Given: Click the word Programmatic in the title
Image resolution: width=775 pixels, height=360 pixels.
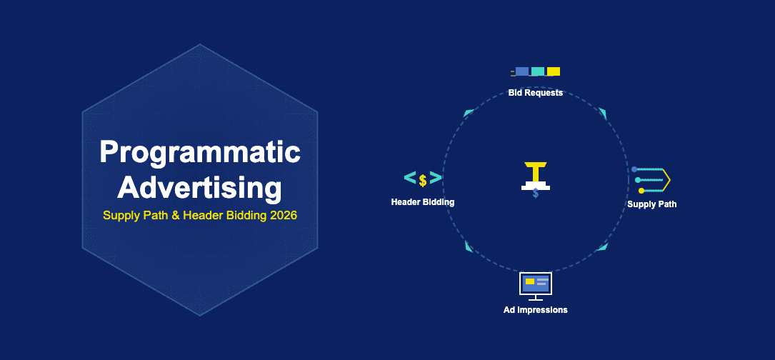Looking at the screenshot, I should click(199, 152).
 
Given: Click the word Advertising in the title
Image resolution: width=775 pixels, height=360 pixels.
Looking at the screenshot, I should click(199, 188).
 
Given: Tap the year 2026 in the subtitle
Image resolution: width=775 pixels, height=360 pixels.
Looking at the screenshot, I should click(281, 215).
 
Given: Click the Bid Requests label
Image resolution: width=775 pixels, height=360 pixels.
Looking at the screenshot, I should click(535, 93).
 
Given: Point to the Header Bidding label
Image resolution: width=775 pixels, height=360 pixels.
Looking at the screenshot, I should click(422, 202).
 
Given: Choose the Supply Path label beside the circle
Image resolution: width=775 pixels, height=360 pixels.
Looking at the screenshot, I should click(651, 204).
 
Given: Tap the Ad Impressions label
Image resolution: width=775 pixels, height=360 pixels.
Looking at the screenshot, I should click(535, 310).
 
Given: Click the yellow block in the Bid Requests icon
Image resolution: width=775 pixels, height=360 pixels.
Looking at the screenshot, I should click(554, 71).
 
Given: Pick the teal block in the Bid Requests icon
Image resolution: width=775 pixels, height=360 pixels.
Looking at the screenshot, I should click(538, 71).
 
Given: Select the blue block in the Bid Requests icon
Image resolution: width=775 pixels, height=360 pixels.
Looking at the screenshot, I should click(522, 71).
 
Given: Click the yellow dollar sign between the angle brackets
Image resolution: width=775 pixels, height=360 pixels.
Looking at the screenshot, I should click(423, 180).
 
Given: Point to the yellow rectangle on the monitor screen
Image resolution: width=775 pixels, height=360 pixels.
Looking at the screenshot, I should click(529, 281).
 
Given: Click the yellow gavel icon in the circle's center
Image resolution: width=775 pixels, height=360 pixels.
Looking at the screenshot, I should click(535, 174).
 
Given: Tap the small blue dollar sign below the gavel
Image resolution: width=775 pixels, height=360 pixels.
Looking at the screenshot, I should click(536, 194).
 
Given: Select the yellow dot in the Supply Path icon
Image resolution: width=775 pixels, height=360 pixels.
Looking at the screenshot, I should click(641, 191).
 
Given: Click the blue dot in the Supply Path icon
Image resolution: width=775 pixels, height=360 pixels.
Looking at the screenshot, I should click(634, 169).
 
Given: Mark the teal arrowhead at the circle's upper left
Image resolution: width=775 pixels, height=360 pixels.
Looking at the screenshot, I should click(469, 113).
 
